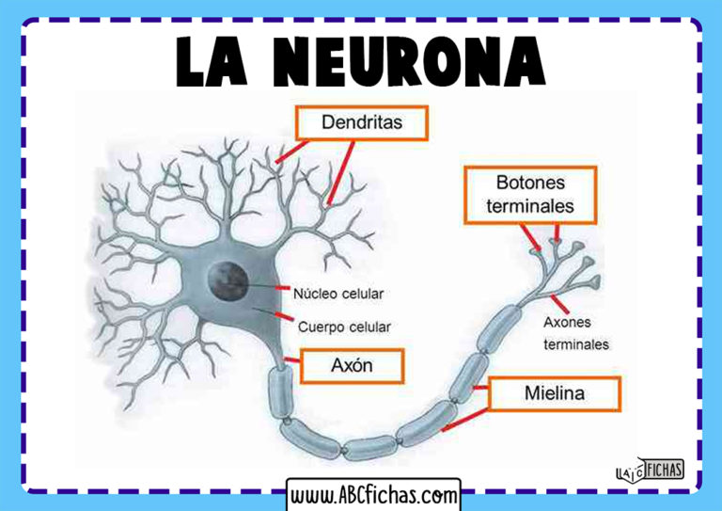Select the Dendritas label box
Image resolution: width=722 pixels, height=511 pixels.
click(362, 122)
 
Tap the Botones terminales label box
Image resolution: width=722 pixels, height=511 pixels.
click(531, 194)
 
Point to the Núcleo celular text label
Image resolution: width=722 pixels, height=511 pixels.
click(338, 293)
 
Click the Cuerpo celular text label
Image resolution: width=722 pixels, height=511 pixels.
click(343, 327)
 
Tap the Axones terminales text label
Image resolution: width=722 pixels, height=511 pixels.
click(576, 332)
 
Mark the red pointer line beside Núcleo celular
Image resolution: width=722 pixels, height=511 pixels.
click(282, 287)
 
